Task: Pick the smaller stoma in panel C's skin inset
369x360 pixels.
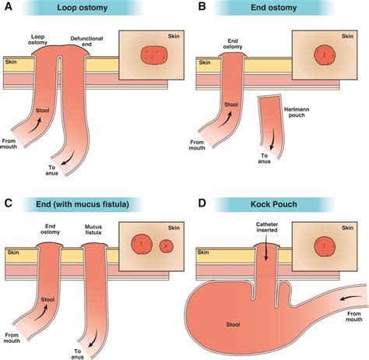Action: point(166,246)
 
